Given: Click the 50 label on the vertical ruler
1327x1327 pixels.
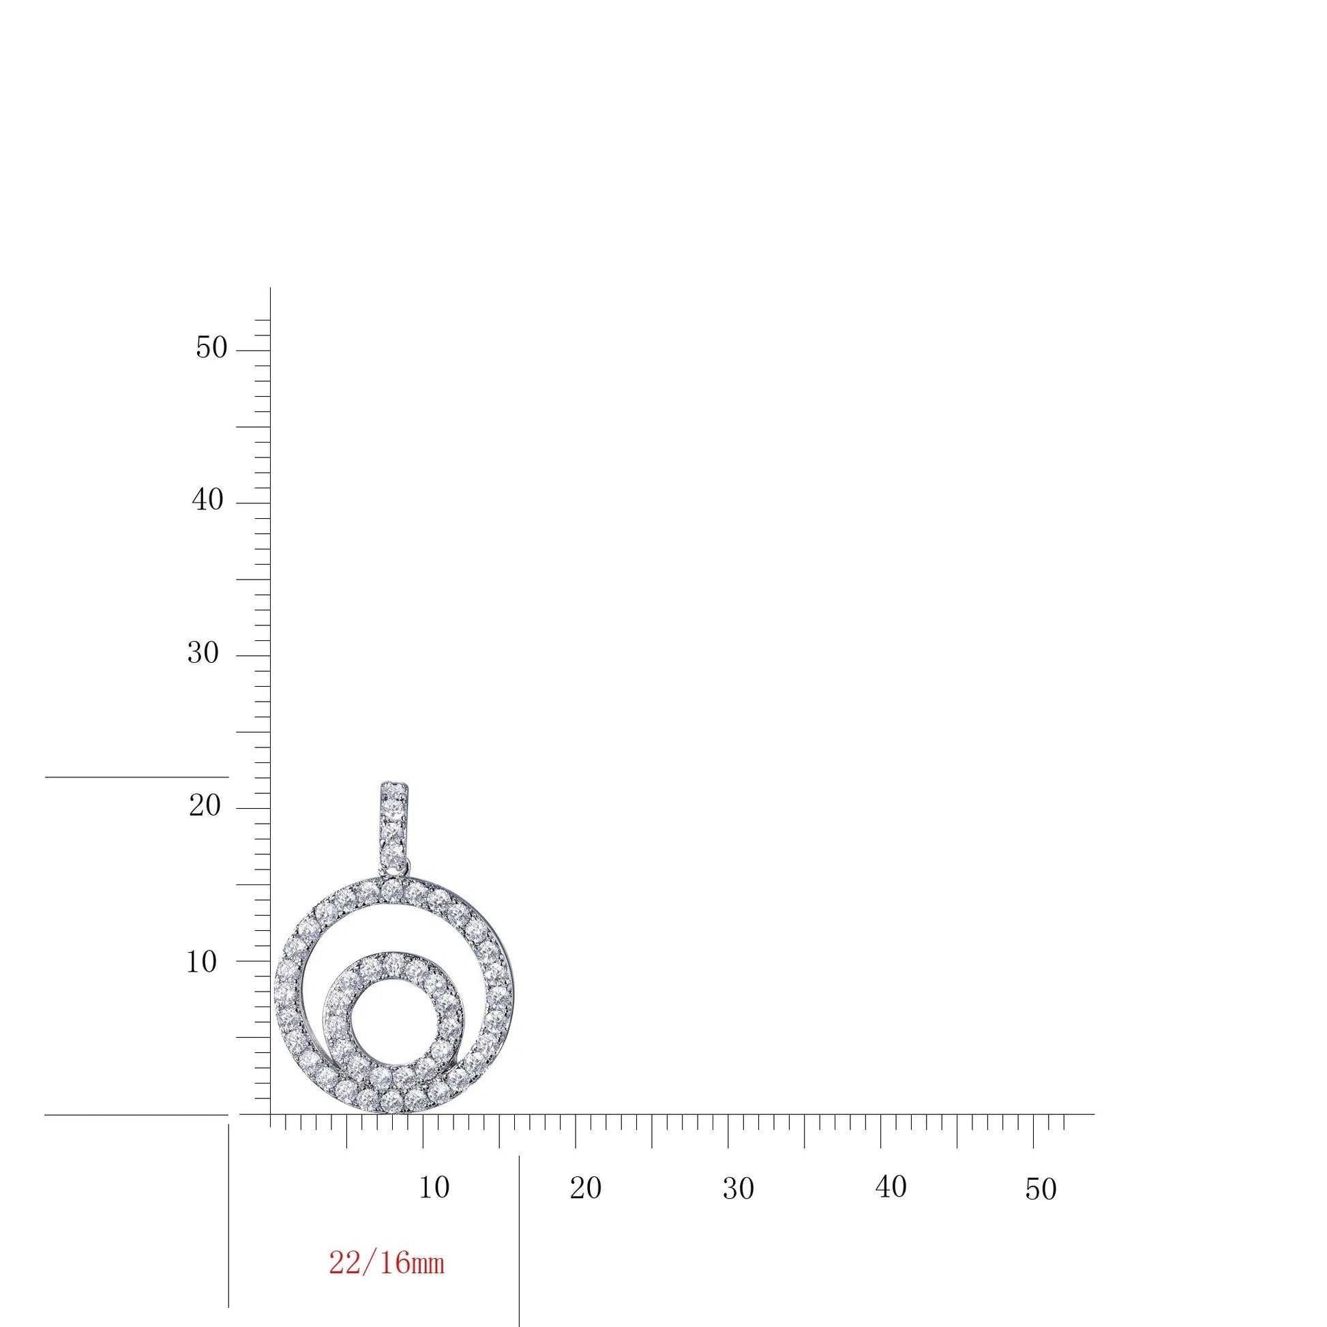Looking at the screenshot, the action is click(x=211, y=348).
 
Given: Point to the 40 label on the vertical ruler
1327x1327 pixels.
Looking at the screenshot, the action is click(x=208, y=500).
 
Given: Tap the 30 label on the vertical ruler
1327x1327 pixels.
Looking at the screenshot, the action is click(x=203, y=653).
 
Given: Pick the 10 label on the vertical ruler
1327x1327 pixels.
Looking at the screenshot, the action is click(x=203, y=962).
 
